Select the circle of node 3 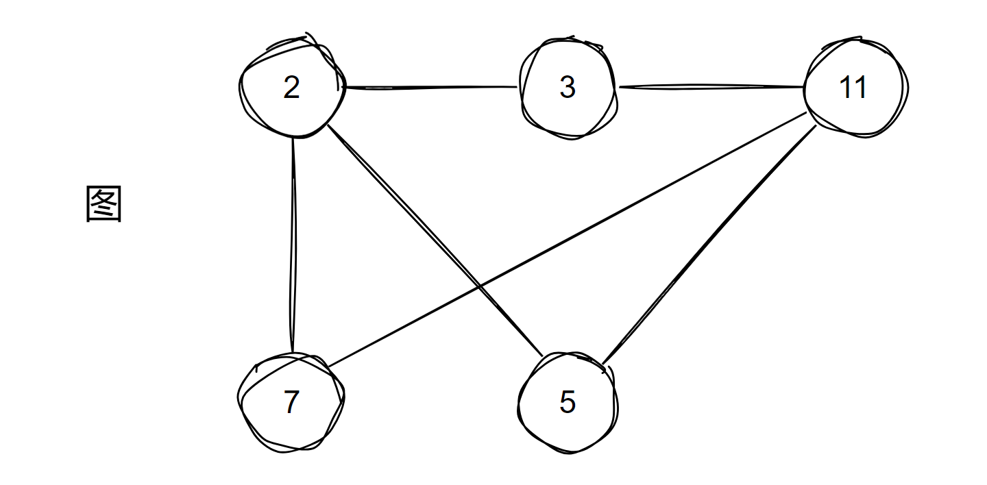520,88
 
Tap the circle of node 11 805,88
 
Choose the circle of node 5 519,403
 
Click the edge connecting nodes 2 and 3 432,88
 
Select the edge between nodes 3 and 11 711,87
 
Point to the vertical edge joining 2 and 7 293,245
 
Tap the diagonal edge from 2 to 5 435,240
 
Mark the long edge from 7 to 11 568,240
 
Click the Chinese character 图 103,203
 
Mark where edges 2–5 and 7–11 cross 479,287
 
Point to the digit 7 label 292,401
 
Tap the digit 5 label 568,401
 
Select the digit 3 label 568,87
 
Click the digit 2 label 292,87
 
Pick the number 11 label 853,87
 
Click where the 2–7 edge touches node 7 292,353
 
